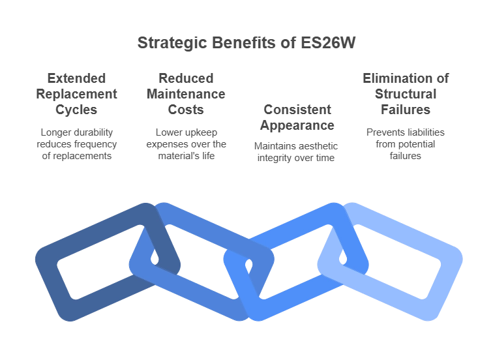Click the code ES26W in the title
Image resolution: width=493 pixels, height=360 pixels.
tap(328, 43)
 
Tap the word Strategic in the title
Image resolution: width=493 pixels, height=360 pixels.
tap(172, 44)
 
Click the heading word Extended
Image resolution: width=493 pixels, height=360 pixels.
tap(76, 78)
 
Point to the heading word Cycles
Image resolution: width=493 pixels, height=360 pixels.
tap(76, 110)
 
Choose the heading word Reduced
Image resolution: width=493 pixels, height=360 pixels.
tap(186, 78)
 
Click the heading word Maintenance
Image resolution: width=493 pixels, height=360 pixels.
tap(186, 94)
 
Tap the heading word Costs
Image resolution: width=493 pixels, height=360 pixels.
tap(186, 110)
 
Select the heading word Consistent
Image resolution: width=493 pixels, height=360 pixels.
tap(297, 110)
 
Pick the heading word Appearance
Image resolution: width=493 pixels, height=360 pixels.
tap(297, 126)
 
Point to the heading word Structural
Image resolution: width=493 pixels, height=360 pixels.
tap(406, 94)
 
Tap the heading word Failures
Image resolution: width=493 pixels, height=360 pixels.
tap(406, 110)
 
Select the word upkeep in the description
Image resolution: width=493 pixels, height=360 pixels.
tap(201, 133)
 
